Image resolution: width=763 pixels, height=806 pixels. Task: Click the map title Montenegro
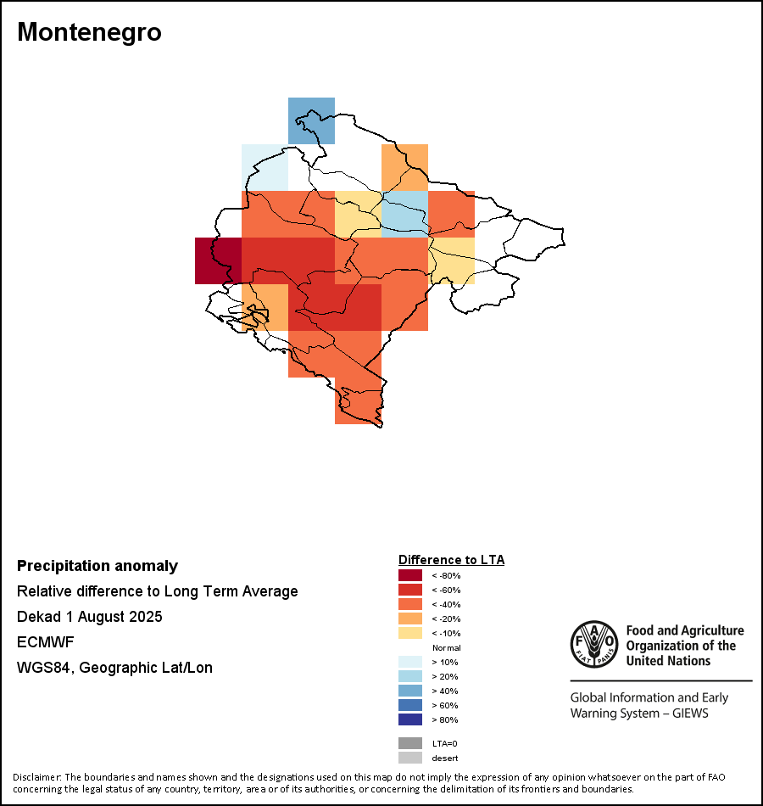pyautogui.click(x=89, y=32)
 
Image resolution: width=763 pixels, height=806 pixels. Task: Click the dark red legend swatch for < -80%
pyautogui.click(x=410, y=575)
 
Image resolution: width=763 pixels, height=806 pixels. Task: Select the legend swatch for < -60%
pyautogui.click(x=410, y=590)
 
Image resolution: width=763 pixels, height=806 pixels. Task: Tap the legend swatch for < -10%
pyautogui.click(x=410, y=633)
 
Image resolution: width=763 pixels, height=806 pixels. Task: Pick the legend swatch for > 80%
pyautogui.click(x=410, y=719)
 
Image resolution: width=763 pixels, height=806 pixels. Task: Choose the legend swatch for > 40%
pyautogui.click(x=410, y=691)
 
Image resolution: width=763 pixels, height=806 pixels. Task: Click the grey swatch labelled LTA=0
pyautogui.click(x=410, y=743)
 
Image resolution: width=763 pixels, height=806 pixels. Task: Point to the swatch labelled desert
pyautogui.click(x=410, y=758)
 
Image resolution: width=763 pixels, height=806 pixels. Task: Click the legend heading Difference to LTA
pyautogui.click(x=451, y=560)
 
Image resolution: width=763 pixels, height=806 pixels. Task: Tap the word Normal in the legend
pyautogui.click(x=447, y=647)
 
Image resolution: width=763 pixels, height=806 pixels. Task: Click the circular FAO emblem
pyautogui.click(x=593, y=646)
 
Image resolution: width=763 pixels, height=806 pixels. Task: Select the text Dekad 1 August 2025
pyautogui.click(x=90, y=616)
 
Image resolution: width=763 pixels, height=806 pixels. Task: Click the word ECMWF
pyautogui.click(x=46, y=641)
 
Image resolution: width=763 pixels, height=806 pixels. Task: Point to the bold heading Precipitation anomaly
pyautogui.click(x=97, y=566)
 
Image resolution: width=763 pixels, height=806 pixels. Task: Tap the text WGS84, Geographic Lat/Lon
pyautogui.click(x=114, y=668)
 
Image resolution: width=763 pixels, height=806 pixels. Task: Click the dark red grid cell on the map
pyautogui.click(x=218, y=260)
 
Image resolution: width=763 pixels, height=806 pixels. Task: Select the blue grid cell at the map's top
pyautogui.click(x=311, y=120)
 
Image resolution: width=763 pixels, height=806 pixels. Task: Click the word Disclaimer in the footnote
pyautogui.click(x=36, y=777)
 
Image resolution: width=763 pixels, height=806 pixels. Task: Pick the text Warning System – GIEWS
pyautogui.click(x=639, y=713)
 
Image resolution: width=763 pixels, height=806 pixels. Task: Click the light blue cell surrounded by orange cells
pyautogui.click(x=404, y=214)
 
